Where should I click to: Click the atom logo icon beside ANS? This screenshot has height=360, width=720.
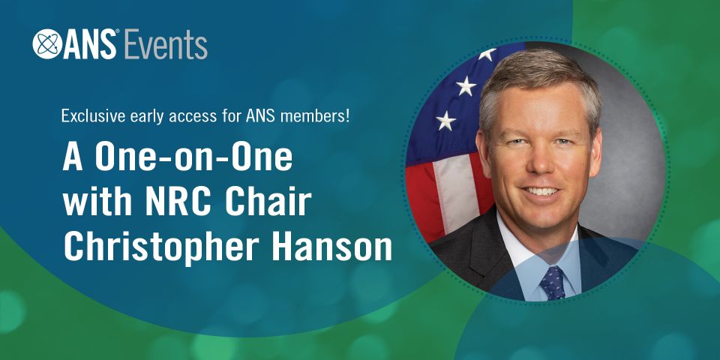(46, 44)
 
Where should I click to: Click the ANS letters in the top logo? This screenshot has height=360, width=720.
(89, 44)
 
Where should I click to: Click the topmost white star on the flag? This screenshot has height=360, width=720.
(487, 54)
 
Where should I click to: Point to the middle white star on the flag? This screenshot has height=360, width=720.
(466, 85)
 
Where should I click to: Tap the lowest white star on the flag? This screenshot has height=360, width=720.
(445, 121)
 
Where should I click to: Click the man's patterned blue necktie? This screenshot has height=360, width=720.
(553, 283)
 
